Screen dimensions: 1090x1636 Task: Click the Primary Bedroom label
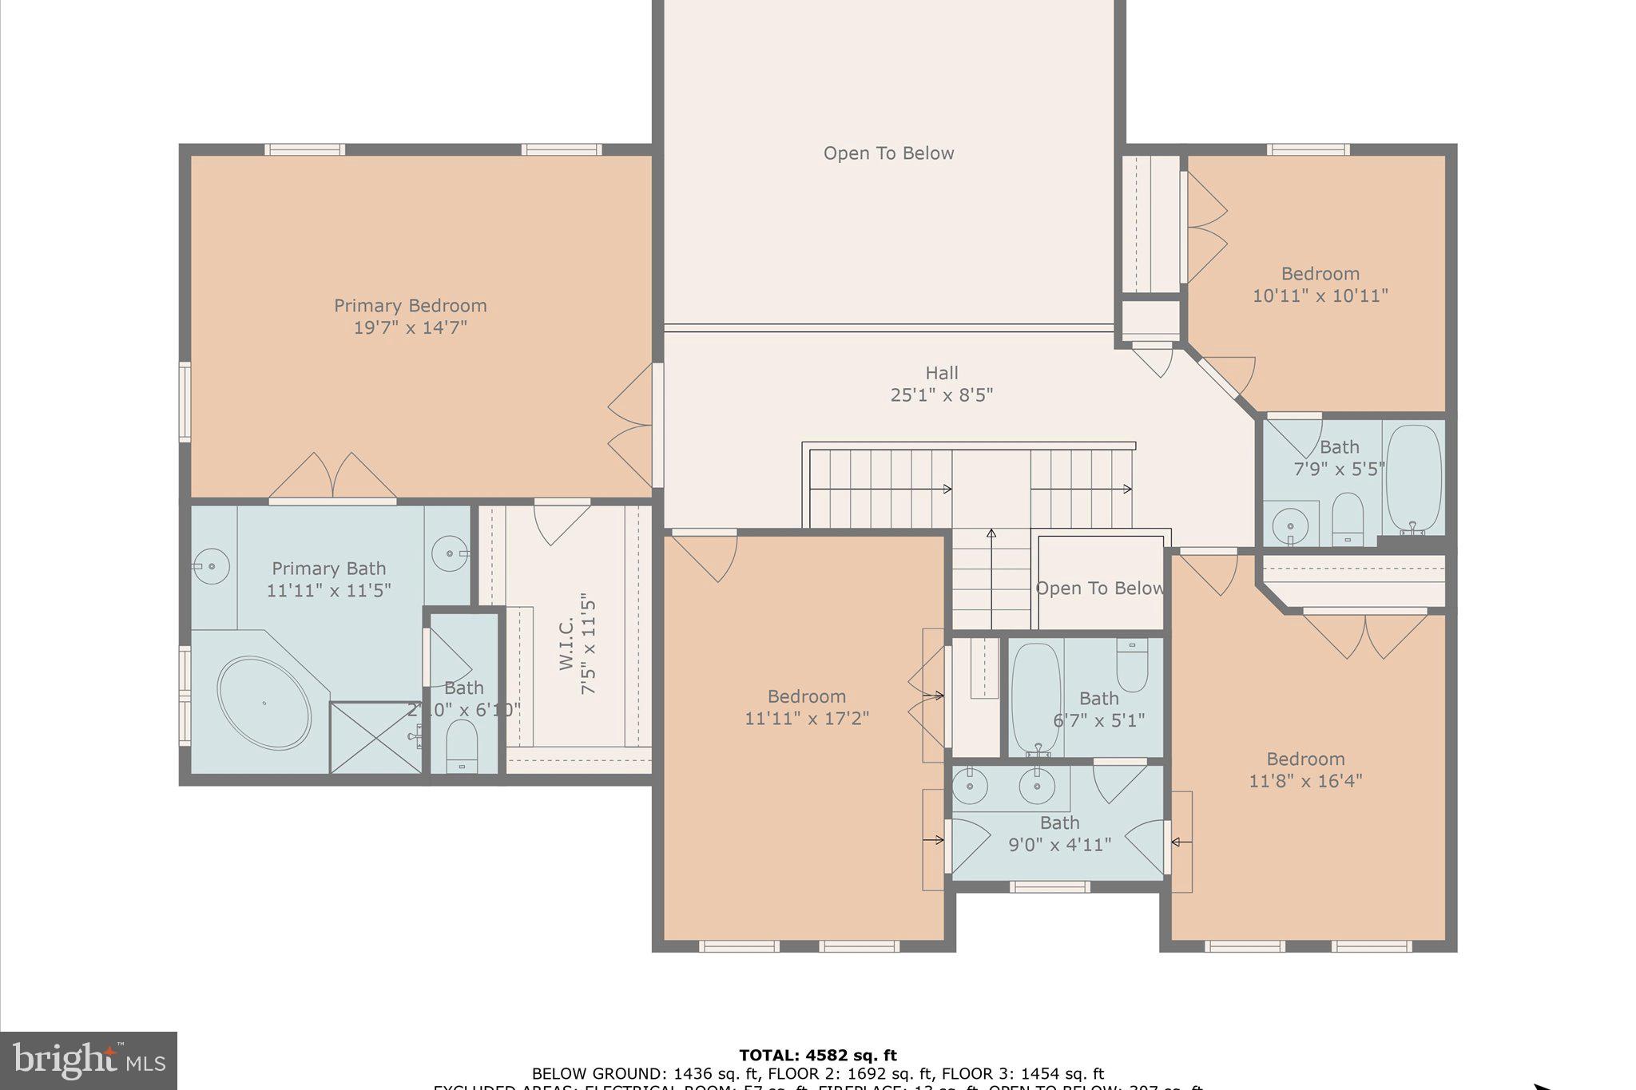point(410,306)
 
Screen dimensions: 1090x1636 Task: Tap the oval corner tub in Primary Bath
point(264,703)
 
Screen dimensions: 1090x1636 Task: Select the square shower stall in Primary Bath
point(375,738)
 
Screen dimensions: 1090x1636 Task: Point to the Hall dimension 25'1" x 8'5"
point(941,395)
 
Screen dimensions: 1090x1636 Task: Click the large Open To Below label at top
point(888,153)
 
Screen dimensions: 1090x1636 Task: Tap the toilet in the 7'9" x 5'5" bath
point(1348,517)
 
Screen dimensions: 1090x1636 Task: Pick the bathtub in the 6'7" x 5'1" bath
point(1036,699)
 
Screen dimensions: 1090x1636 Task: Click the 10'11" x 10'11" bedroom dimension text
point(1320,296)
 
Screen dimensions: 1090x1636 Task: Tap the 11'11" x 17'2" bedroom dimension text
point(806,719)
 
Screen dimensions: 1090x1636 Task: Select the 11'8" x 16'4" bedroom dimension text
point(1305,781)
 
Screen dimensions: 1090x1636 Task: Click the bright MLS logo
point(89,1061)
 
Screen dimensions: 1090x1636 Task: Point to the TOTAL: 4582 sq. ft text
point(817,1055)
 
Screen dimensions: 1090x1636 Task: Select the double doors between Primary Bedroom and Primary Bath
point(332,478)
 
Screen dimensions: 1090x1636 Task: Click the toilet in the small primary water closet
point(462,743)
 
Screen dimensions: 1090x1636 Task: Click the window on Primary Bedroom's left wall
point(185,402)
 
